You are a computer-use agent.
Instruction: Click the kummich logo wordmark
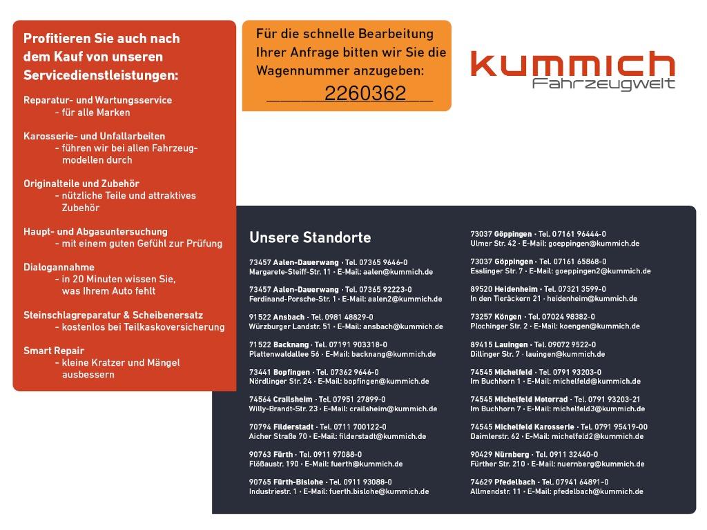[572, 63]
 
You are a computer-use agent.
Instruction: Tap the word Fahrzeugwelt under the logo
[603, 84]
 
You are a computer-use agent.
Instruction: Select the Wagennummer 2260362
[365, 94]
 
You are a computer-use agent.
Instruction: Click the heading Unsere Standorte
[310, 237]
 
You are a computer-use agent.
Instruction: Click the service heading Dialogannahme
[59, 267]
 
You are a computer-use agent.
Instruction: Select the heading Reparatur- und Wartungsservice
[97, 100]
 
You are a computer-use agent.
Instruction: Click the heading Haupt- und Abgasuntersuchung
[95, 232]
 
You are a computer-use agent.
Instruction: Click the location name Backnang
[291, 344]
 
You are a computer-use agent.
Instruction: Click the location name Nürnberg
[512, 455]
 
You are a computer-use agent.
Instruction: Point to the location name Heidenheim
[515, 289]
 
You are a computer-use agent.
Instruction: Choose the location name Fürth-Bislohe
[298, 482]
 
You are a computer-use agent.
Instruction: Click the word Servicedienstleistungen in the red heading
[101, 75]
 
